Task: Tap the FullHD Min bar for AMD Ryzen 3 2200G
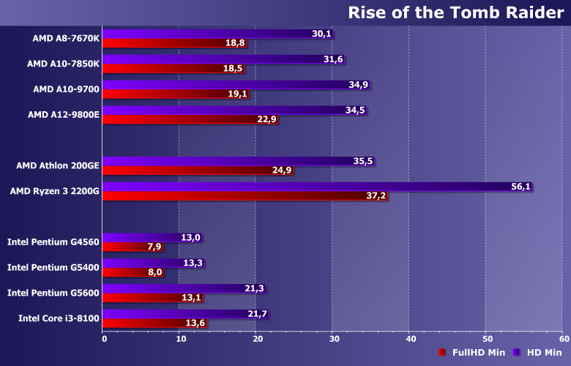tap(234, 196)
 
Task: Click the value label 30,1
tap(322, 34)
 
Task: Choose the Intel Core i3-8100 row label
tap(59, 318)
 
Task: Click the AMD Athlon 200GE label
tap(57, 165)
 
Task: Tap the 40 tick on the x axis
tap(411, 339)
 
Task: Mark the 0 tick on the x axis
tap(104, 339)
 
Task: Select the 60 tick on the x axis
tap(564, 339)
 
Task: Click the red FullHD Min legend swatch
tap(441, 353)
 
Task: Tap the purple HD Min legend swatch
tap(516, 353)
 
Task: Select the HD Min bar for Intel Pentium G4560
tap(143, 237)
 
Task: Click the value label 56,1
tap(521, 187)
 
